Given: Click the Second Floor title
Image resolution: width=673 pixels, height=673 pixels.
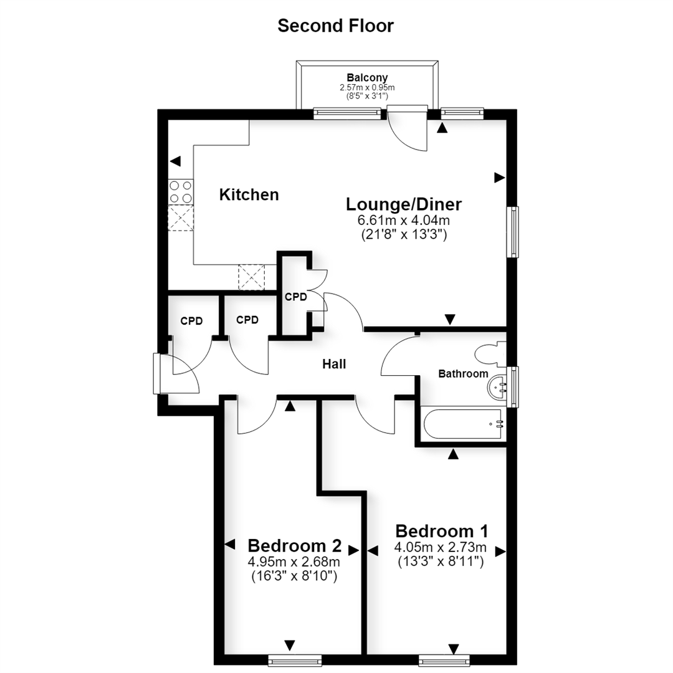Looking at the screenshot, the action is tap(335, 26).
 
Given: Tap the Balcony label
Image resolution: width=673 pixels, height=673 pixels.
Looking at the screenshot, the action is tap(367, 78).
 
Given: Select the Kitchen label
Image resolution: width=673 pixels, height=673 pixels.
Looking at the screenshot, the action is tap(249, 194).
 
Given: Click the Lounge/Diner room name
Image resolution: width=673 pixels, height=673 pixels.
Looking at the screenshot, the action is tap(403, 204).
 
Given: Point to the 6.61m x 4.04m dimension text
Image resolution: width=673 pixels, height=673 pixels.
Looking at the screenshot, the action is tap(403, 220).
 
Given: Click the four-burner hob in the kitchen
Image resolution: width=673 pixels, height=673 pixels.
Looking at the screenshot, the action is tap(181, 192).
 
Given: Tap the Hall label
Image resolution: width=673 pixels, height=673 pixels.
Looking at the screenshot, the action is tap(334, 364).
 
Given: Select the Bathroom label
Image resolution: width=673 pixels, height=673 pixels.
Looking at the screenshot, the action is tap(463, 374).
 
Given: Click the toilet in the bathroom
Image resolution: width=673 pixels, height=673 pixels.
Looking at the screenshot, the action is tap(490, 354).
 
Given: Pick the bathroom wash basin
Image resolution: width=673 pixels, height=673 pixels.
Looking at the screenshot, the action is tap(497, 388).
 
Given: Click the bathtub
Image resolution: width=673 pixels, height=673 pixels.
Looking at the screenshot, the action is tap(462, 424).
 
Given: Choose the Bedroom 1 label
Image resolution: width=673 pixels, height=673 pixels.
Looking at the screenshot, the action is tap(441, 532).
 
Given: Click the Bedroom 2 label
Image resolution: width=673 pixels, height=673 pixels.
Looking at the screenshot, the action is tap(294, 546).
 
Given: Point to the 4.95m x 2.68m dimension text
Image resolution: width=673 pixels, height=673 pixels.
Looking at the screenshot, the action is tap(294, 561).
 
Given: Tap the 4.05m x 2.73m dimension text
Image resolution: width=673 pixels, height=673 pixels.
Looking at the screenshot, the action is tap(441, 547).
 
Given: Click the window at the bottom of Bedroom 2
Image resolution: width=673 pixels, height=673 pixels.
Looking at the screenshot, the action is tap(295, 660).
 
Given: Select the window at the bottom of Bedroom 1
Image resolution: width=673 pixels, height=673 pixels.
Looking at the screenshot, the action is tap(444, 660).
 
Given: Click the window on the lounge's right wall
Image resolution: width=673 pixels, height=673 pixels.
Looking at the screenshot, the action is tap(512, 232).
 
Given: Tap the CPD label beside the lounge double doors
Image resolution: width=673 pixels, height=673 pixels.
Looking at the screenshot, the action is tap(296, 297).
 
